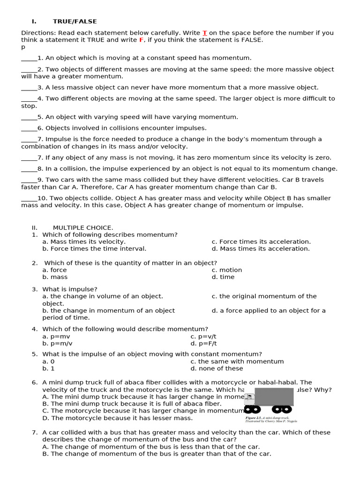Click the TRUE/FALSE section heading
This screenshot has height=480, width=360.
(x=75, y=22)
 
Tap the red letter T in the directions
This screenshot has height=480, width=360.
(x=204, y=33)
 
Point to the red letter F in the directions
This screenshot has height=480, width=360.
(x=141, y=40)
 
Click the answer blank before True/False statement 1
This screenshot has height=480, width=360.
(x=29, y=59)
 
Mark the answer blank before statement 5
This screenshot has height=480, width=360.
(x=29, y=117)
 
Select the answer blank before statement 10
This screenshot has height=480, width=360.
(x=29, y=198)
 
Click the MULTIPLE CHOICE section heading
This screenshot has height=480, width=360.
(x=82, y=228)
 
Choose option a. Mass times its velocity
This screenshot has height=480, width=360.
(x=83, y=242)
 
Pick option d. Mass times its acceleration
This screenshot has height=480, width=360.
(x=260, y=249)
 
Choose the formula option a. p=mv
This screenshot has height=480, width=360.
(x=56, y=336)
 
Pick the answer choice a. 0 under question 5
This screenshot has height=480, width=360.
(x=48, y=361)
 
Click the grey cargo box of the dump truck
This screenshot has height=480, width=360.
(x=274, y=397)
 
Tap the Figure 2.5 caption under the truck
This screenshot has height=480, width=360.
(x=270, y=419)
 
